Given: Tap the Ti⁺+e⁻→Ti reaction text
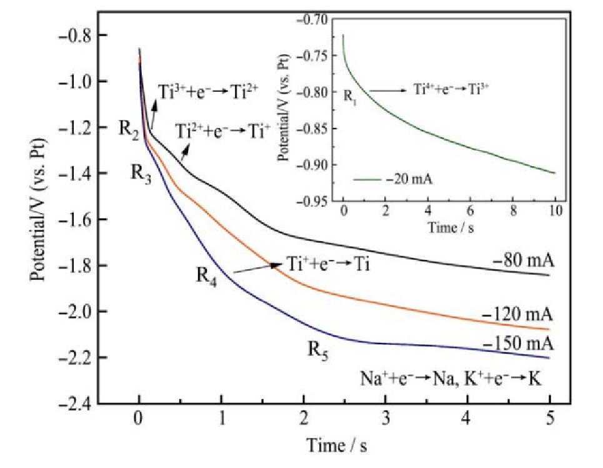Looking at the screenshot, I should coord(328,263).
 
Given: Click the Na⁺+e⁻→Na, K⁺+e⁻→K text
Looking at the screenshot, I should coord(456,379).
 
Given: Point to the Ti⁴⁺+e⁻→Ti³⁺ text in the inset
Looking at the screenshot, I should coord(451,89).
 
